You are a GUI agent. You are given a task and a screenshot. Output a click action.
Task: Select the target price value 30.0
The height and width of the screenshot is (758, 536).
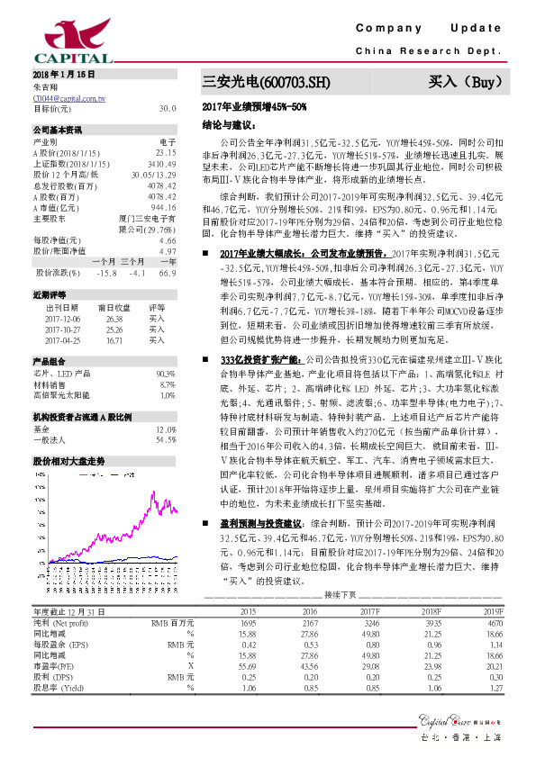pos(167,108)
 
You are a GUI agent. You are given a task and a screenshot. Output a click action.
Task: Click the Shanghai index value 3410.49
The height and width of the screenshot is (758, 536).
pos(161,166)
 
